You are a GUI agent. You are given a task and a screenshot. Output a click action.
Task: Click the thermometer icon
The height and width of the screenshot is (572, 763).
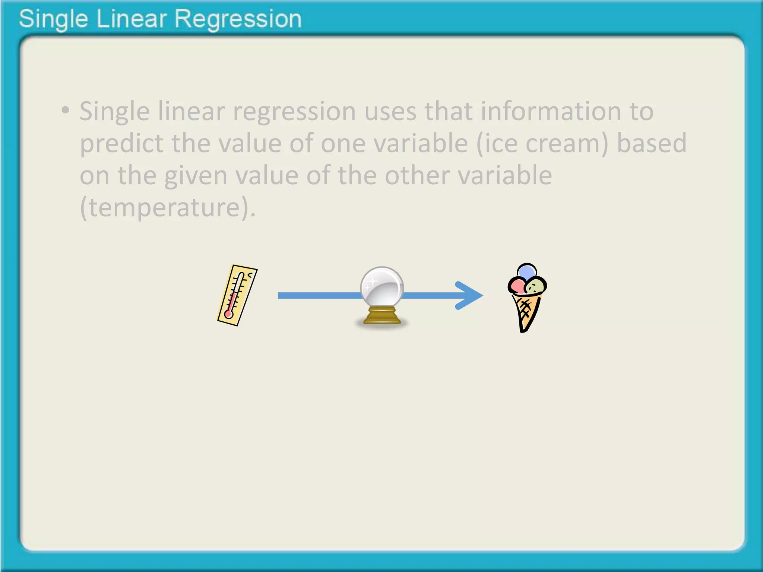pos(237,295)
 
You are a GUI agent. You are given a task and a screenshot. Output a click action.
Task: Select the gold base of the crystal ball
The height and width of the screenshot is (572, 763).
pos(382,316)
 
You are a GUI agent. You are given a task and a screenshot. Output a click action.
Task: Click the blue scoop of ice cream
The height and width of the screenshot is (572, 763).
pos(526,271)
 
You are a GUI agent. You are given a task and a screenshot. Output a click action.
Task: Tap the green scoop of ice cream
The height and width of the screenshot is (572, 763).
pos(536,286)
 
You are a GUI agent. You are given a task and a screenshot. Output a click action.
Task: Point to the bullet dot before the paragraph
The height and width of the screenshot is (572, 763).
pos(66,110)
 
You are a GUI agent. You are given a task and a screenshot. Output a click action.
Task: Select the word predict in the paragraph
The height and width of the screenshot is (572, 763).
pos(121,143)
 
